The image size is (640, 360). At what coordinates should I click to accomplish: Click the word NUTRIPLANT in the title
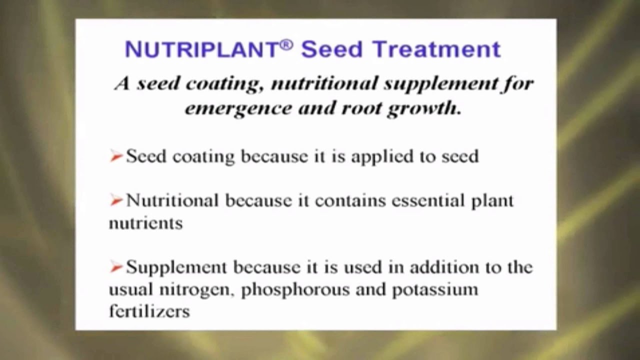point(201,49)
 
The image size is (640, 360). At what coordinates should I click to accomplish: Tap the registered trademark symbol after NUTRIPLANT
point(286,44)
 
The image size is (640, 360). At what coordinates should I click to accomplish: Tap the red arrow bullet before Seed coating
point(116,157)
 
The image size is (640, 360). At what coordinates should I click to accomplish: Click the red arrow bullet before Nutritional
point(116,201)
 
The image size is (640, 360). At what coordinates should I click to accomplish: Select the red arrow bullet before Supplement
point(116,267)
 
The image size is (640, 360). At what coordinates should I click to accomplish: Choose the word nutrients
point(145,223)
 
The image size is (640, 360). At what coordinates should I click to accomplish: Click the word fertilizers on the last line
point(149,311)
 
